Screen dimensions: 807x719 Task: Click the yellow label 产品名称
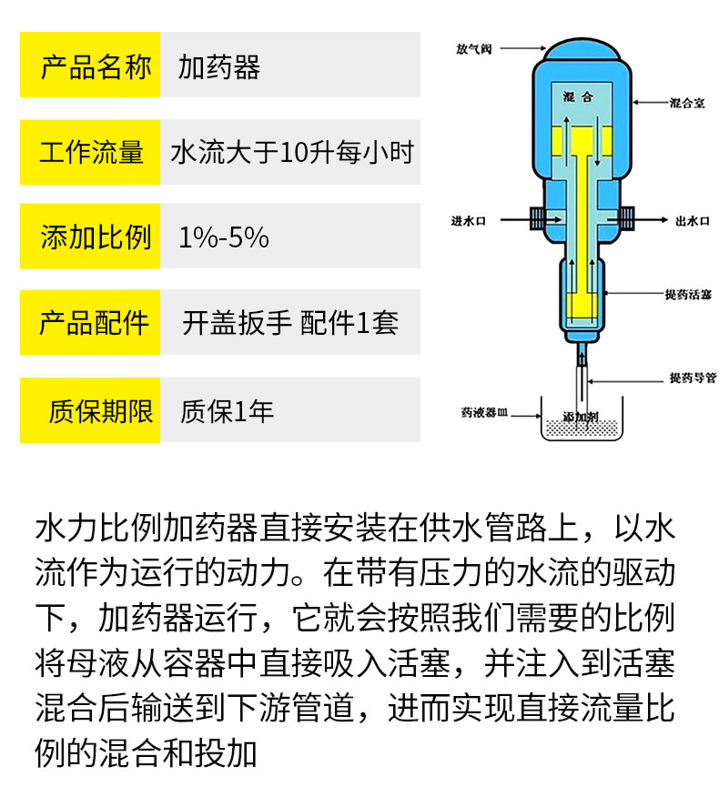coord(90,66)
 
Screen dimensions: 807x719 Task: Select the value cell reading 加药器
coord(219,66)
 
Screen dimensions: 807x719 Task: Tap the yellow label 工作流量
coord(90,151)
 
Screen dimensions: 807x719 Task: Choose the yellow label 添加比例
coord(90,237)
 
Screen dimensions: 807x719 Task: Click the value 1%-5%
coord(224,237)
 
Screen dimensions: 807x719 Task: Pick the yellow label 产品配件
coord(90,322)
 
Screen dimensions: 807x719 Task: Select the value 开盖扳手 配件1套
coord(290,322)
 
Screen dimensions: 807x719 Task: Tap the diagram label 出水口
coord(692,220)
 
